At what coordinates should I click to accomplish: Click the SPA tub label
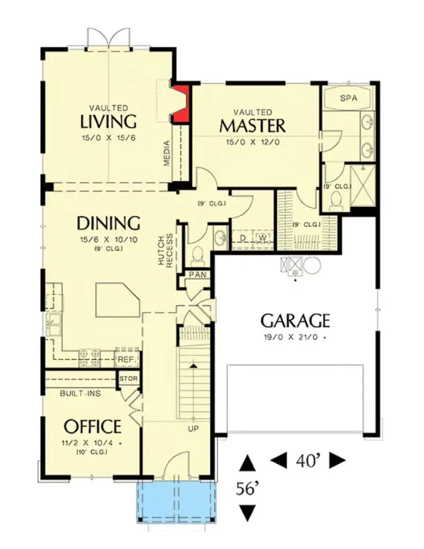[349, 98]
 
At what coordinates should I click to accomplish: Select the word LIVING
[108, 121]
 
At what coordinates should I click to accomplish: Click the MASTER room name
[253, 126]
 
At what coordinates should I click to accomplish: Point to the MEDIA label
[166, 154]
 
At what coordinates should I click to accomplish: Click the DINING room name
[108, 222]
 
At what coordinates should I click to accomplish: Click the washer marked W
[263, 238]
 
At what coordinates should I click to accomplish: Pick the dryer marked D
[243, 238]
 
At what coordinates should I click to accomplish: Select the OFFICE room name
[92, 426]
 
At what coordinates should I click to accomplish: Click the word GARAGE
[295, 321]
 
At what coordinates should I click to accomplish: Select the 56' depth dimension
[248, 489]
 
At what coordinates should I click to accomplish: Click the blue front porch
[176, 502]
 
